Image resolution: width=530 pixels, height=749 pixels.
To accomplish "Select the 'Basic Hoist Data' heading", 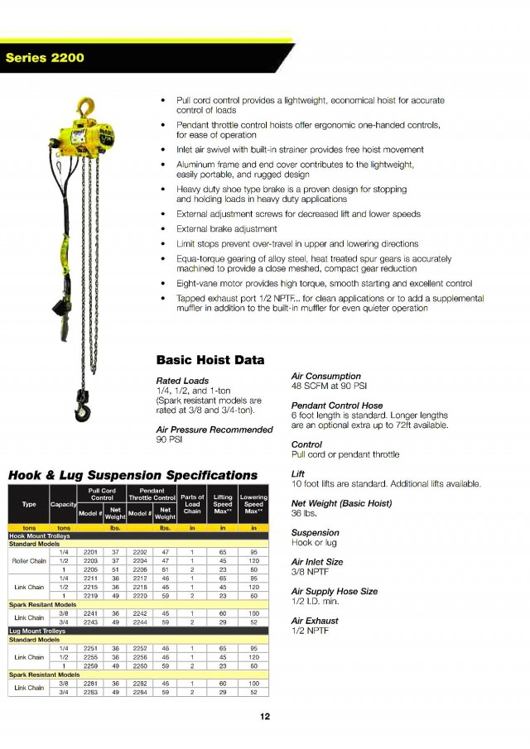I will click(210, 360).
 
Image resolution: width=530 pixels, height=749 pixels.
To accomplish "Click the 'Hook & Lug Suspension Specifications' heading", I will click(132, 475).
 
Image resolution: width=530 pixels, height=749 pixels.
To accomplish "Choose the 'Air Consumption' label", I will click(325, 376).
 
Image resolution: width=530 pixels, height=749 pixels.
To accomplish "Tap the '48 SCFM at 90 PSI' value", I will click(330, 386).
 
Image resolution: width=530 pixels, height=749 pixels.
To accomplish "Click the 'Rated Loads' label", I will click(181, 381).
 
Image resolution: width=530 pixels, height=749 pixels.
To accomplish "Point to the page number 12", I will click(264, 717).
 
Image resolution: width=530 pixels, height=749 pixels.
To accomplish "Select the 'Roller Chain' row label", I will click(28, 561).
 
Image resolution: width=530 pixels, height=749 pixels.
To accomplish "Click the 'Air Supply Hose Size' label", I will click(335, 592).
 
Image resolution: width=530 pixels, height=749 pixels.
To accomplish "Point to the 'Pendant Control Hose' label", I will click(337, 406).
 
